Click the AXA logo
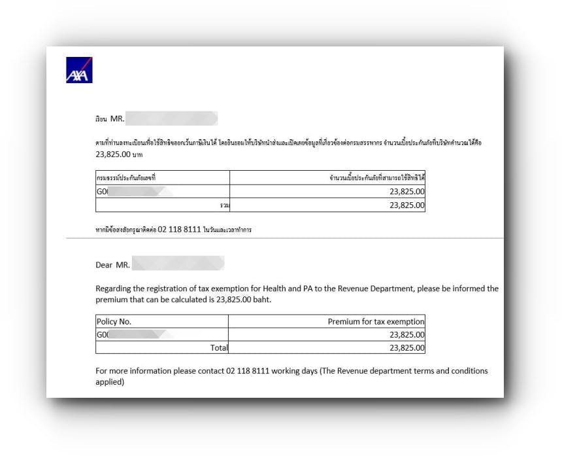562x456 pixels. tap(79, 70)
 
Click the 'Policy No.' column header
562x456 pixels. tap(116, 321)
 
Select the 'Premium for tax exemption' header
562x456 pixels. tap(376, 321)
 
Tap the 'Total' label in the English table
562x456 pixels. tap(217, 348)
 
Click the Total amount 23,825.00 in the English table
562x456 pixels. tap(406, 348)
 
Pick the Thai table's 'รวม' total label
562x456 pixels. tap(225, 205)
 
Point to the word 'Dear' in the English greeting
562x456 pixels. tap(104, 265)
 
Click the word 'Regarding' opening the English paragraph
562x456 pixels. tap(114, 289)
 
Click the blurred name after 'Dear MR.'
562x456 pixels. tap(178, 264)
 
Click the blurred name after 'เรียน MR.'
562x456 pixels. tap(171, 119)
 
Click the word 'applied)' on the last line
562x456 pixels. tap(110, 382)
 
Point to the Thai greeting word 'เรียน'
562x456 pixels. tap(101, 120)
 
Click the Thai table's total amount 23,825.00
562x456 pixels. tap(406, 205)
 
